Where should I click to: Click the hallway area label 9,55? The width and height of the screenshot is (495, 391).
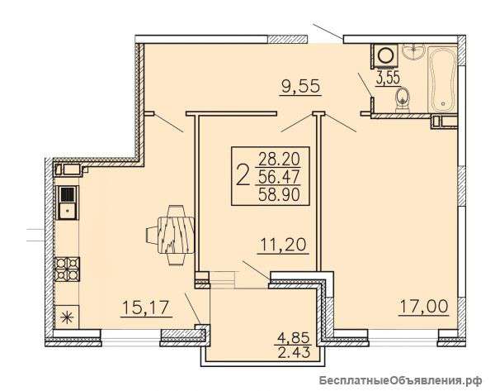coord(301,86)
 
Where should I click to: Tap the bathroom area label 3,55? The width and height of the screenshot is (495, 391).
coord(388,78)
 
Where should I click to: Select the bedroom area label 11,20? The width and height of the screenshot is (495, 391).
coord(283,245)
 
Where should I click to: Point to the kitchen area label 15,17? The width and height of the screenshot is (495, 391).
coord(147,308)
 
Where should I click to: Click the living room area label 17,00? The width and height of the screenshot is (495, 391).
coord(424,306)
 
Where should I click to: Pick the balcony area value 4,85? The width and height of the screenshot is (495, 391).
coord(293,338)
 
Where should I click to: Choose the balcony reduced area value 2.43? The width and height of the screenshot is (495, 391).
coord(293,352)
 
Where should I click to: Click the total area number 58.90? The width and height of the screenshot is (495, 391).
coord(279,194)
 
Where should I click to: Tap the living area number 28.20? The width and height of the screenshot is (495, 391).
coord(279,159)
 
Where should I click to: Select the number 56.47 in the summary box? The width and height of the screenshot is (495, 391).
coord(279,177)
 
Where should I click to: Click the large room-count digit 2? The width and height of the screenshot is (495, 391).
coord(243,176)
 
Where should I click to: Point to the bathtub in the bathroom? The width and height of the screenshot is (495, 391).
coord(442,79)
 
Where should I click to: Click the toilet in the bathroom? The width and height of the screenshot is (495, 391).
coord(403,99)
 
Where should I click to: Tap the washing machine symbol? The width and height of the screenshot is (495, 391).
coord(384,55)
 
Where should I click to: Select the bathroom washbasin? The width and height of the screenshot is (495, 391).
coord(413,51)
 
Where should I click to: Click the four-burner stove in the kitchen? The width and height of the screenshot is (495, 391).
coord(67,269)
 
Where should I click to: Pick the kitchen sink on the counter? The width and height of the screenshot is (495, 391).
coord(67,203)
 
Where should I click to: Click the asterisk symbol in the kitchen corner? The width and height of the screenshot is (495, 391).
coord(67,317)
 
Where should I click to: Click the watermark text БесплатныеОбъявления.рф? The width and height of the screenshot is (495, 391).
coord(400,380)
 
